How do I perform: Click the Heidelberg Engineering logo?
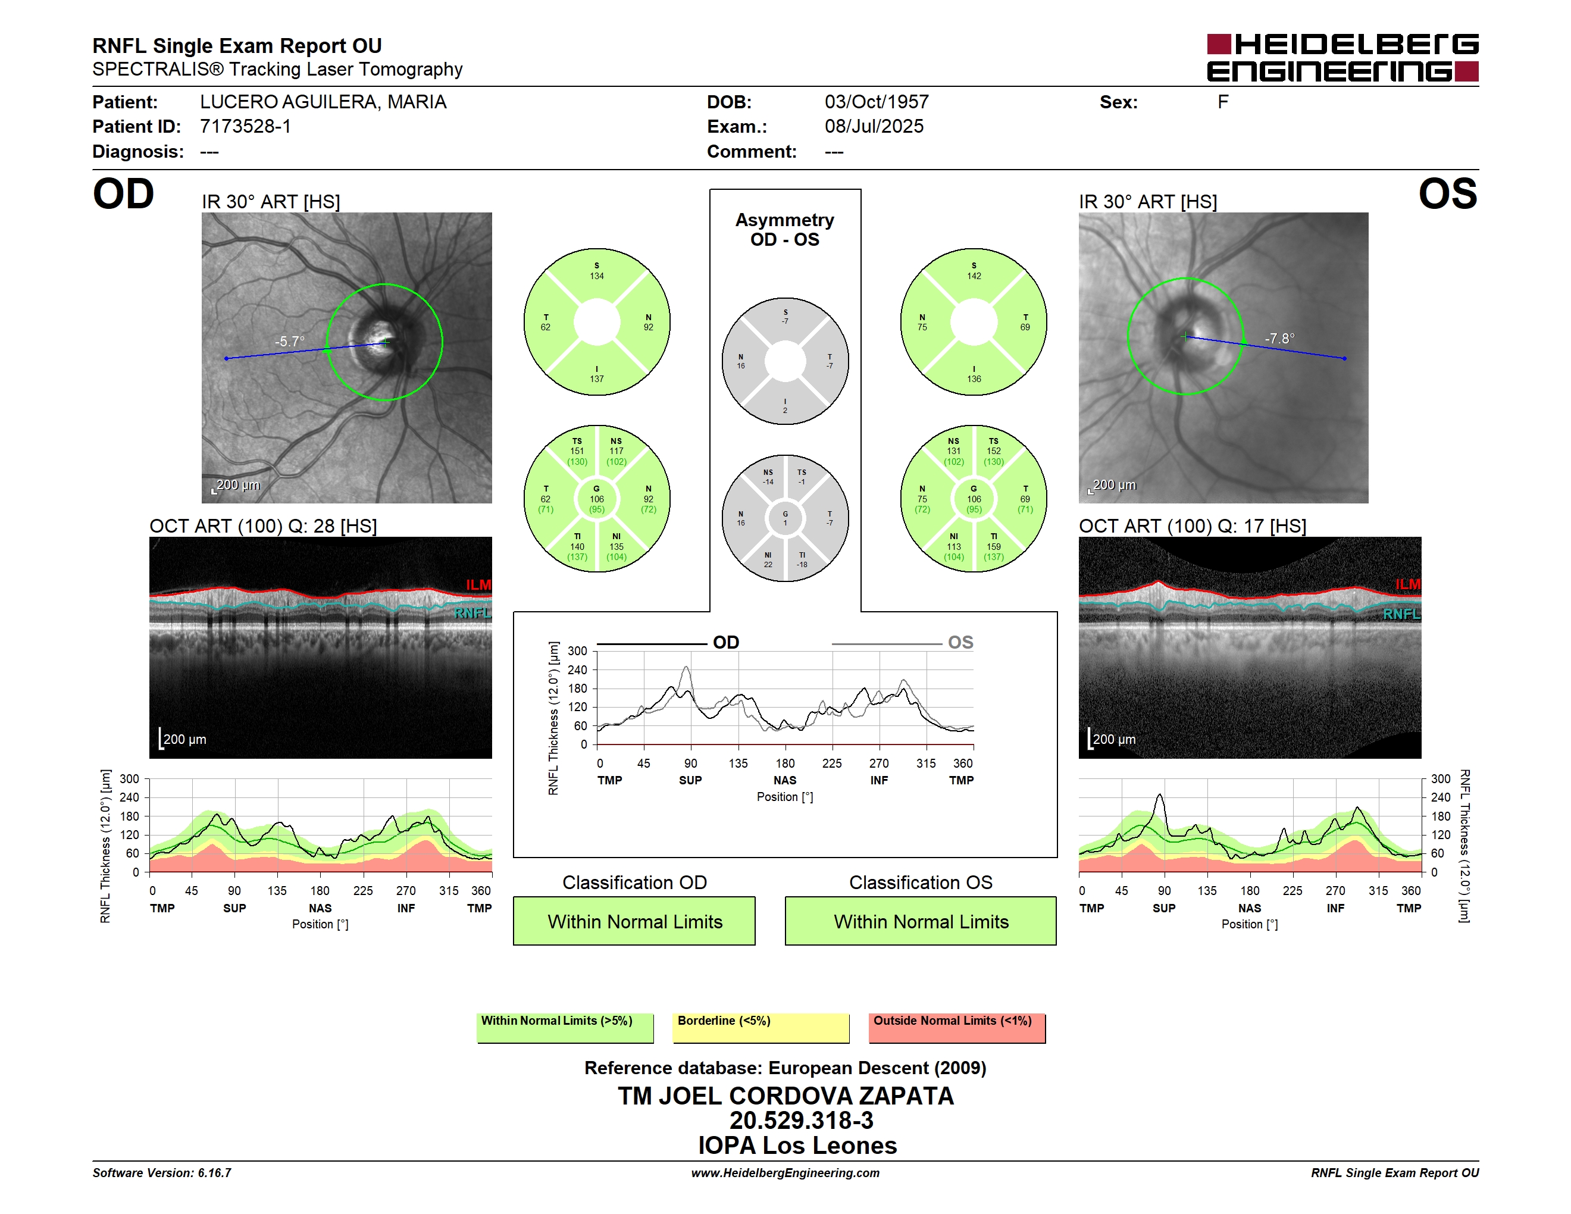[1342, 58]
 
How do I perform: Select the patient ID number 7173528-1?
[245, 127]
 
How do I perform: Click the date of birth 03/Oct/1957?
[876, 102]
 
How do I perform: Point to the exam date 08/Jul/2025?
[874, 127]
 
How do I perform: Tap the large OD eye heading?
[123, 194]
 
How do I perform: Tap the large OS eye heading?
[1447, 194]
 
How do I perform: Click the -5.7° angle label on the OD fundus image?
[289, 341]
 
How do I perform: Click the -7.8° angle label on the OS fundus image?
[1279, 338]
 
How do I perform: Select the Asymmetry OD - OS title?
[785, 230]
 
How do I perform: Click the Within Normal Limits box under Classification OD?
[634, 921]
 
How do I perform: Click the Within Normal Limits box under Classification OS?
[921, 921]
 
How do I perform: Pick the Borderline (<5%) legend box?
[761, 1028]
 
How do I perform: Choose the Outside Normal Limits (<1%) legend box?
[957, 1028]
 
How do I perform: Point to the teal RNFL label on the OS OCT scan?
[1401, 614]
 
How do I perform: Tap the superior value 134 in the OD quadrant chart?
[597, 276]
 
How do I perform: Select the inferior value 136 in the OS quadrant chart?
[974, 379]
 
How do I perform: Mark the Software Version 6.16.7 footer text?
[162, 1173]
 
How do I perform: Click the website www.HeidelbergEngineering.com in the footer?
[785, 1173]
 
